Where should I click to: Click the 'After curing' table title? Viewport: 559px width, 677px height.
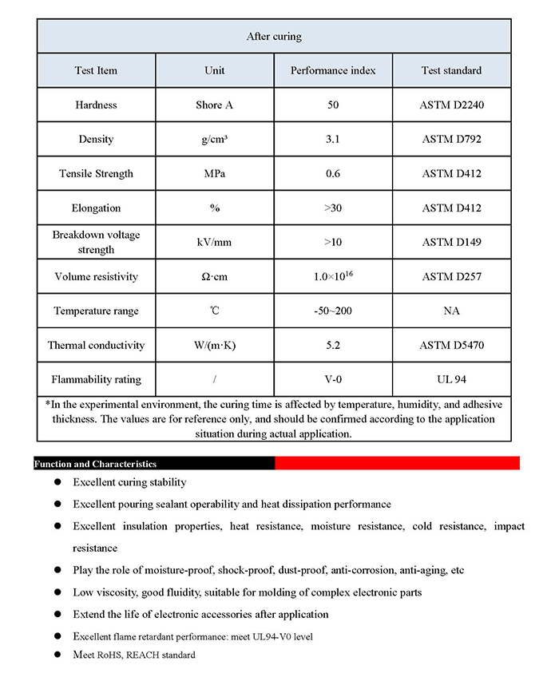click(x=273, y=37)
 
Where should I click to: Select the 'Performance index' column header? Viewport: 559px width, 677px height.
click(x=333, y=70)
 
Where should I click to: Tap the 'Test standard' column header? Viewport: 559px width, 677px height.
click(x=451, y=70)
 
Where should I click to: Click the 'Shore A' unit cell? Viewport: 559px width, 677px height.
click(x=215, y=105)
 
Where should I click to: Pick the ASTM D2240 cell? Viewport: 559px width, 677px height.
click(x=451, y=105)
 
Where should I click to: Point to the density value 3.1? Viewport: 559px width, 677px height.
click(x=333, y=139)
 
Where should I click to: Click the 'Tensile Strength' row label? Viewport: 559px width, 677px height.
click(x=96, y=173)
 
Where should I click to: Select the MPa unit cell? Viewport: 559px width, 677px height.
click(x=215, y=173)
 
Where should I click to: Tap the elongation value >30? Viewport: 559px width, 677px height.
click(x=333, y=208)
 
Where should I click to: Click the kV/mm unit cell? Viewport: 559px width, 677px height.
click(x=215, y=242)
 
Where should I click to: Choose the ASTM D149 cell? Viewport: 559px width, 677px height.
click(x=451, y=242)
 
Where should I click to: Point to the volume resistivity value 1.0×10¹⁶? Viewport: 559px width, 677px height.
click(x=333, y=276)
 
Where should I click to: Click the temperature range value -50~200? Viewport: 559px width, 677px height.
click(x=333, y=311)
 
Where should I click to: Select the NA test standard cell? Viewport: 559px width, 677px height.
click(x=451, y=311)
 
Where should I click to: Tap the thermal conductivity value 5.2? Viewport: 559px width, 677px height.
click(x=333, y=345)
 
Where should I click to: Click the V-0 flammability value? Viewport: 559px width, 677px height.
click(x=333, y=379)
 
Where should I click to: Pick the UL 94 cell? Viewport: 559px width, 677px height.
click(x=451, y=379)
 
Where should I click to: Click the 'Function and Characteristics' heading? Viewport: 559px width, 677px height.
click(x=95, y=464)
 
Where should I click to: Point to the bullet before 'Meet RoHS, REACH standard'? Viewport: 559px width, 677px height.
click(x=57, y=655)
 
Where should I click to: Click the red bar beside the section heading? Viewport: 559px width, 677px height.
click(x=397, y=463)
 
